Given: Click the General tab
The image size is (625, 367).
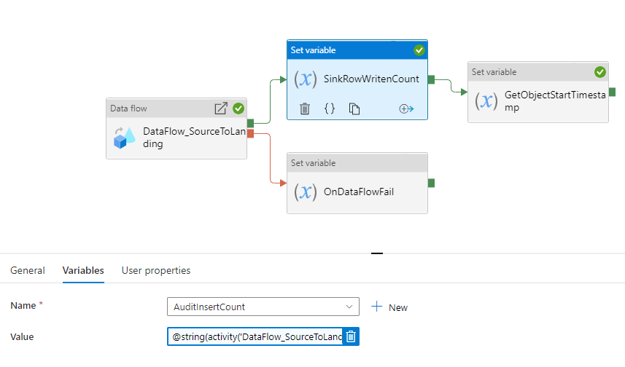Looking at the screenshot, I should click(27, 270).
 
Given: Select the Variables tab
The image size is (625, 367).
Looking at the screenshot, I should click(83, 270).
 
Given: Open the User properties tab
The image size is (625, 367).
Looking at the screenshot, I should click(156, 270).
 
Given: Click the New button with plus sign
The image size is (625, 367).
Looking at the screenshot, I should click(389, 307).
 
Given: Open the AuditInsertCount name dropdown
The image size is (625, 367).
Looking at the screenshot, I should click(263, 307).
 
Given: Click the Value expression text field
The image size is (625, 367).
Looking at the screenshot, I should click(255, 336).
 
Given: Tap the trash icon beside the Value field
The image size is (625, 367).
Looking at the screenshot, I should click(351, 336).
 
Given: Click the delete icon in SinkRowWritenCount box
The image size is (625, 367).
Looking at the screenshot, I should click(305, 108).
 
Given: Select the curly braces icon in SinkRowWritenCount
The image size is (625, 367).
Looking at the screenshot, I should click(330, 108).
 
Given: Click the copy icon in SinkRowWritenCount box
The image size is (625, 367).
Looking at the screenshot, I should click(354, 108).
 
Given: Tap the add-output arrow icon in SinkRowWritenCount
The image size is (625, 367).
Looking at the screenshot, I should click(406, 108).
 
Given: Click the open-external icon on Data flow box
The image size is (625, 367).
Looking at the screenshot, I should click(221, 108).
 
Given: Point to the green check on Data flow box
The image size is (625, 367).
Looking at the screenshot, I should click(238, 108).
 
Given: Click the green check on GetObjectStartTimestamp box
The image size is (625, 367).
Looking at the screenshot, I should click(599, 72).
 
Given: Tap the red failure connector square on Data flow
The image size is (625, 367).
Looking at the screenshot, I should click(250, 133).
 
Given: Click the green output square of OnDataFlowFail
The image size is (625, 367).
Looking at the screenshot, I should click(431, 183).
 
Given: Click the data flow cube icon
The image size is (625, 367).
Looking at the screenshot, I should click(124, 138).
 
